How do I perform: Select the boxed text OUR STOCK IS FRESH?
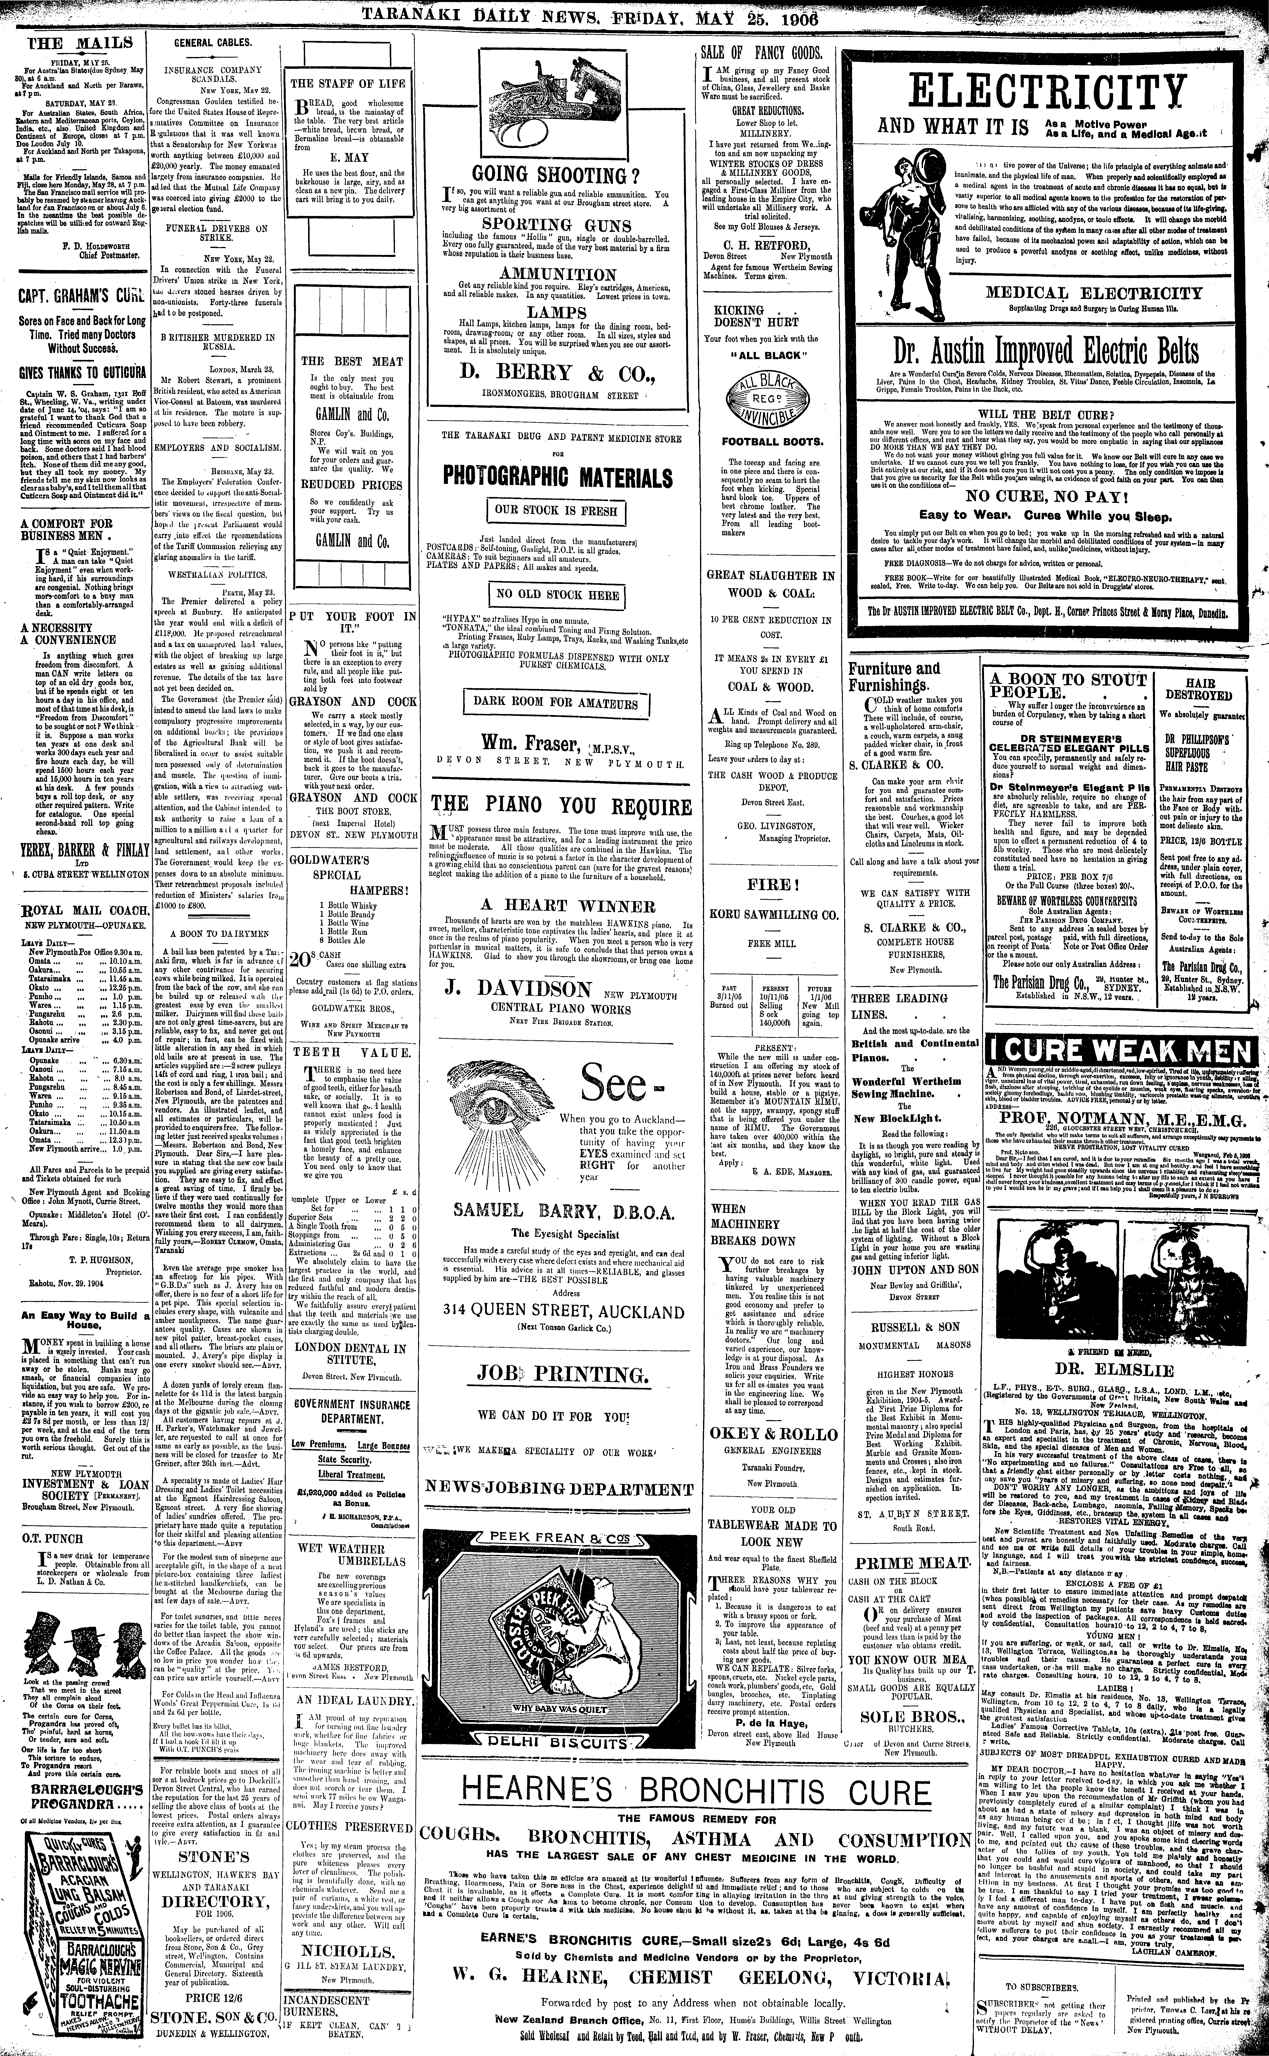(556, 510)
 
